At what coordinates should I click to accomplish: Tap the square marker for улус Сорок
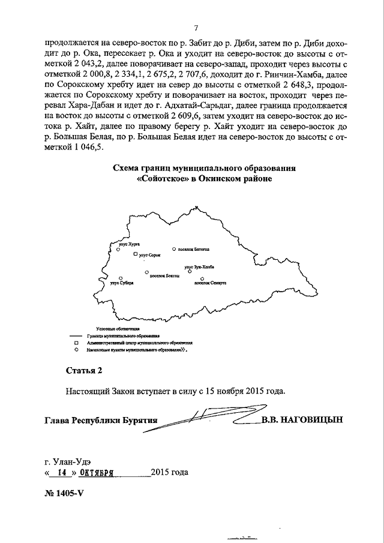point(136,254)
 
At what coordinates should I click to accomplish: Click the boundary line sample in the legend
point(76,337)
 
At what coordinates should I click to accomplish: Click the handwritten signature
point(210,416)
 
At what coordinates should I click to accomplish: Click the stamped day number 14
point(59,472)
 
